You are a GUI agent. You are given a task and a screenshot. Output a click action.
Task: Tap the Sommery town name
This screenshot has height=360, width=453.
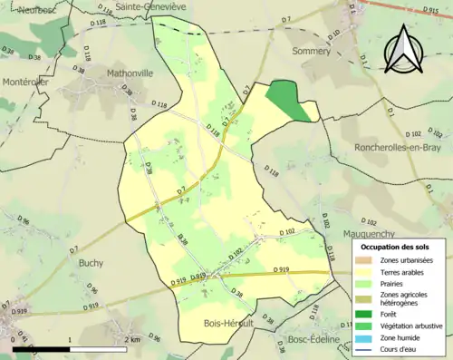[x=312, y=52]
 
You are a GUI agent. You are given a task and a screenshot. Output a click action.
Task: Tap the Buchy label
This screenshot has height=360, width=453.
[x=91, y=263]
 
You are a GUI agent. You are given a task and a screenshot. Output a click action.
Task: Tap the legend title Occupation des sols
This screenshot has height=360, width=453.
[x=397, y=247]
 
